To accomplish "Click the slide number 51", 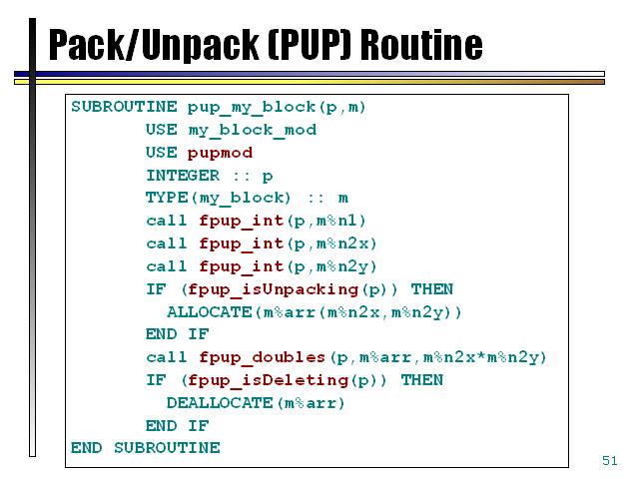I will pyautogui.click(x=610, y=460).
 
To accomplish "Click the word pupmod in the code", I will pyautogui.click(x=220, y=153).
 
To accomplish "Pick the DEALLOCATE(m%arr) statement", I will pyautogui.click(x=255, y=403).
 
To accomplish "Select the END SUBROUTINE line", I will pyautogui.click(x=145, y=448).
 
